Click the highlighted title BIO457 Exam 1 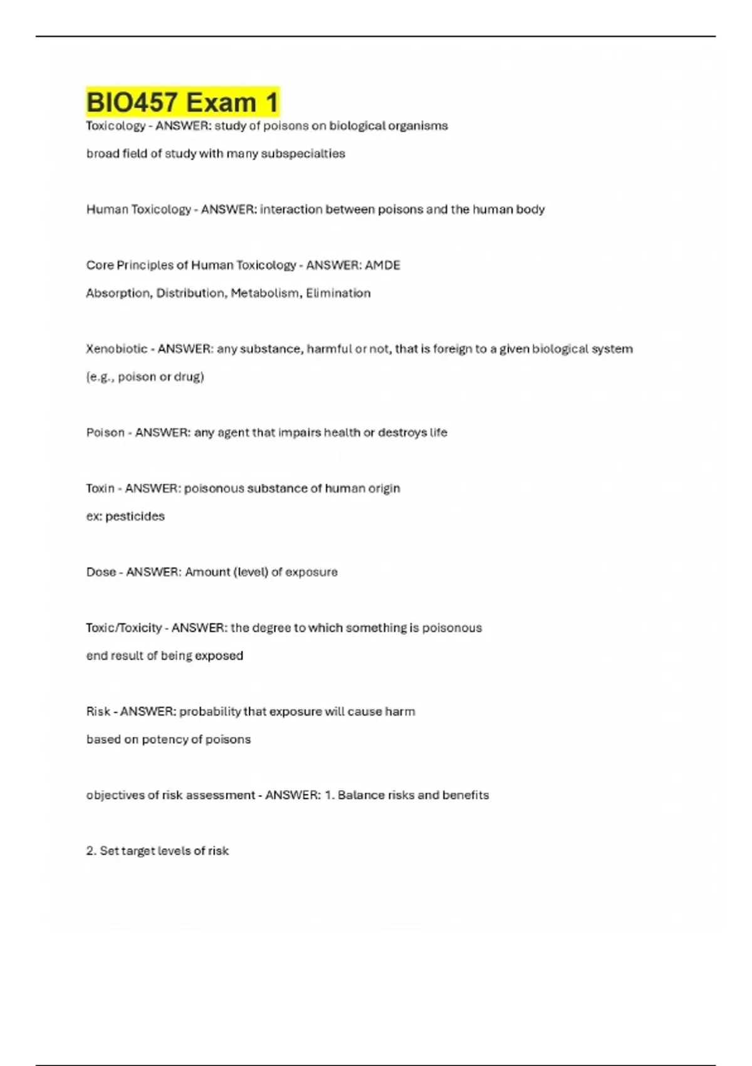click(182, 102)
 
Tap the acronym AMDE click(382, 265)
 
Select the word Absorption click(118, 293)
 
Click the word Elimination click(338, 293)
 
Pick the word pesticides click(135, 517)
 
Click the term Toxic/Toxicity click(124, 628)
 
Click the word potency click(165, 740)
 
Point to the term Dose click(101, 572)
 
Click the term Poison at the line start click(105, 433)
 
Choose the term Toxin click(100, 488)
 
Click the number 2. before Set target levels click(91, 851)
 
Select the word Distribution click(190, 293)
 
